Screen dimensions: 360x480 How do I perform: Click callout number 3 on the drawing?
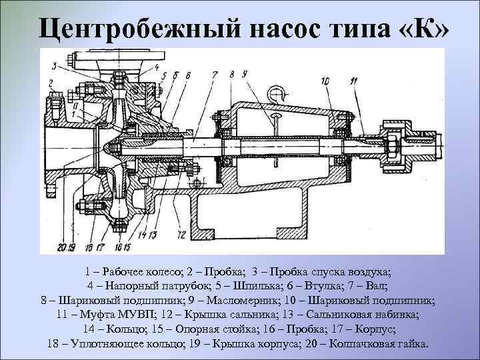tap(53, 65)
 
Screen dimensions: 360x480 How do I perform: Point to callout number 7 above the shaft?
tap(215, 75)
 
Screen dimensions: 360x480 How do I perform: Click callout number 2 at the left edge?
tap(51, 83)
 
